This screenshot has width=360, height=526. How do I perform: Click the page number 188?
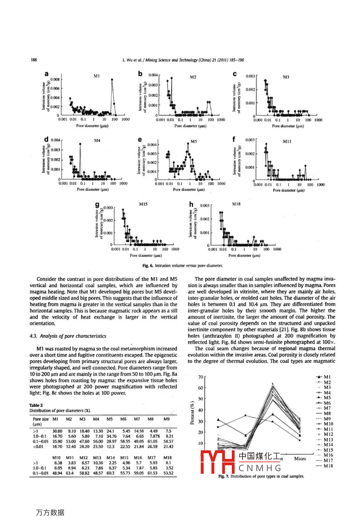(x=34, y=60)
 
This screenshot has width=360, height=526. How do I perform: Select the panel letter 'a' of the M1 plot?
(x=47, y=74)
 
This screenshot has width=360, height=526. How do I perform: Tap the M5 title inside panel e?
(x=194, y=141)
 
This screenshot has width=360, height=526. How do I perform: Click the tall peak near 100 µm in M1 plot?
(x=112, y=79)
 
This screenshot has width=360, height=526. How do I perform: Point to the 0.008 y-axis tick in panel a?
(x=55, y=79)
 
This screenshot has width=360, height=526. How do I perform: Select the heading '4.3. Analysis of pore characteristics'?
(x=68, y=336)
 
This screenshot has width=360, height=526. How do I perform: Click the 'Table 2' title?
(x=36, y=405)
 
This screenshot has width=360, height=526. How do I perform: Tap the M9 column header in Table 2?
(x=166, y=419)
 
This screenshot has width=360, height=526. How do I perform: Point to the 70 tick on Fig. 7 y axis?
(x=200, y=377)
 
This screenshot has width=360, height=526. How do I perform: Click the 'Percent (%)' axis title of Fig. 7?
(x=192, y=414)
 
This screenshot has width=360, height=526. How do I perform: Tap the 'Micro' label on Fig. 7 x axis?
(x=300, y=459)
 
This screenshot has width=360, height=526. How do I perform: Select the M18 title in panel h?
(x=237, y=204)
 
